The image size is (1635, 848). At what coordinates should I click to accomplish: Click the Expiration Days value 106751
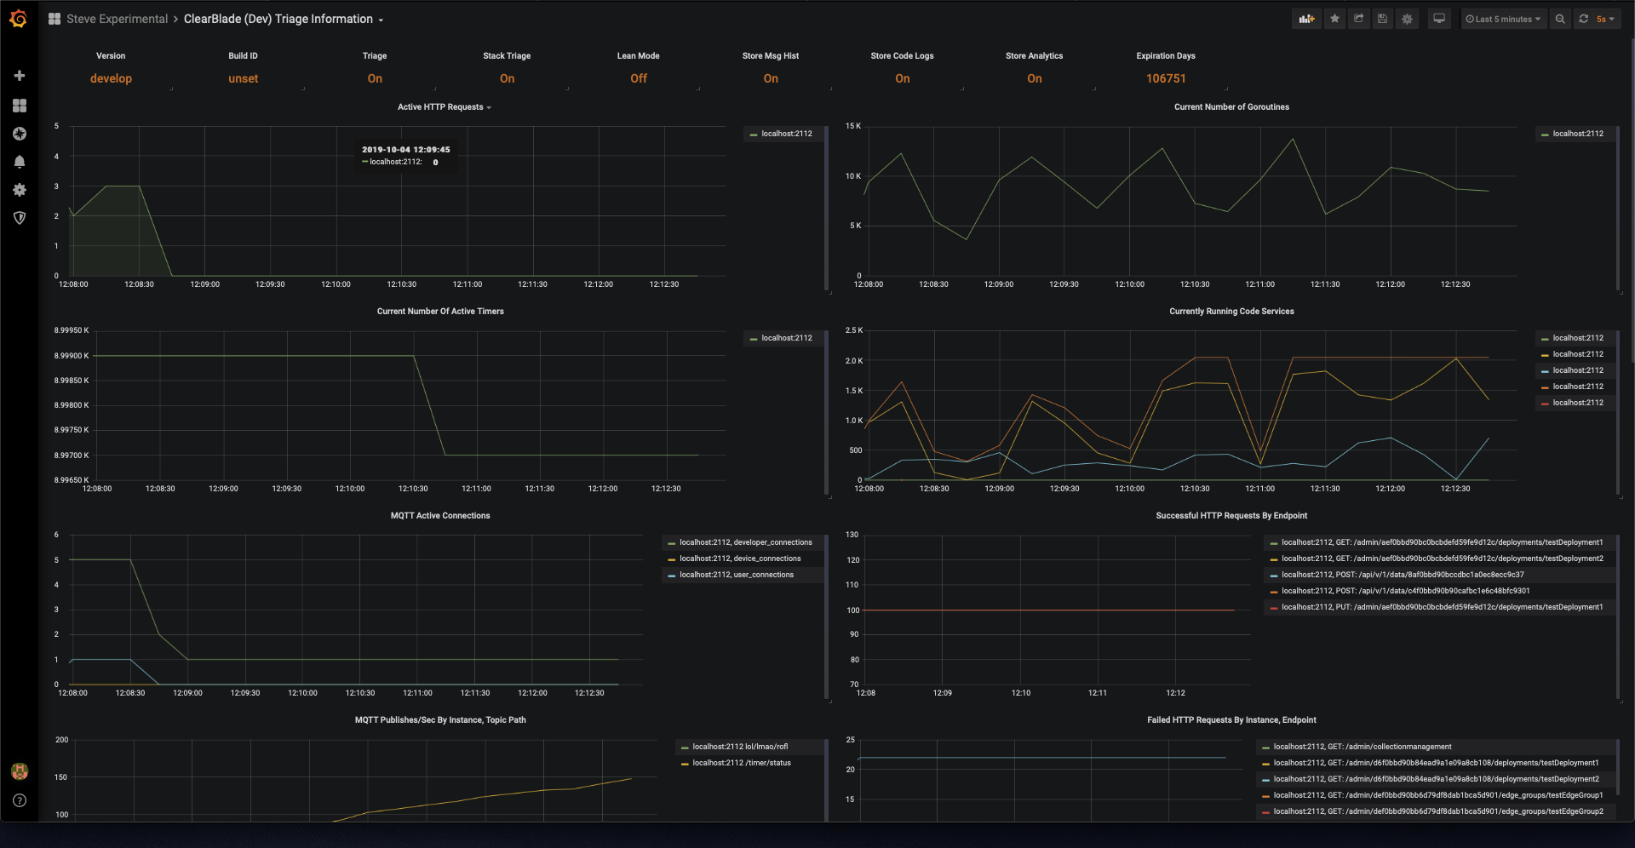[1165, 78]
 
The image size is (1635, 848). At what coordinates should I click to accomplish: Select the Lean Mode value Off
[639, 78]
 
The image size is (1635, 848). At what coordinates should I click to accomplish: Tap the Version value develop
[111, 78]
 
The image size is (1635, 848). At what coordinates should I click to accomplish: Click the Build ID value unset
[243, 78]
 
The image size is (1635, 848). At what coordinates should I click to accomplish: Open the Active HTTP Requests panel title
[441, 107]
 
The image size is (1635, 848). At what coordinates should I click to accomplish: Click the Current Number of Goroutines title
[1231, 107]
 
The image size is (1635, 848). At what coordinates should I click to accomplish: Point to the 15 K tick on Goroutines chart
[852, 126]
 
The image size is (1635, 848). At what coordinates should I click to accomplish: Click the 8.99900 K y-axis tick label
[72, 356]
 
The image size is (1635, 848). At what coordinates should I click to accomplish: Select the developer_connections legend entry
[745, 542]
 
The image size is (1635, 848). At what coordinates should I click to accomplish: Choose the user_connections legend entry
[736, 575]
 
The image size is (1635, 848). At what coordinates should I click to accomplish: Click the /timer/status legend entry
[741, 763]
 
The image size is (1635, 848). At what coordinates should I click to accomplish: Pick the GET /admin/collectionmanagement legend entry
[1362, 747]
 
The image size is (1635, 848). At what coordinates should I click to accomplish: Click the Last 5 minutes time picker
[1503, 19]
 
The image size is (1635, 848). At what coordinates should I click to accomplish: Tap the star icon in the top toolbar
[1334, 19]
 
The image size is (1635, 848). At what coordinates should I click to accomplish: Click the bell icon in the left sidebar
[20, 162]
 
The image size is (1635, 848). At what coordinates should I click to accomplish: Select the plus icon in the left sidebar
[20, 76]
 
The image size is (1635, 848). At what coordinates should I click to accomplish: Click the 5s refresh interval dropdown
[1604, 19]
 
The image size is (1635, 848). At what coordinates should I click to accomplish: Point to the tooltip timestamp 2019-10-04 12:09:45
[405, 150]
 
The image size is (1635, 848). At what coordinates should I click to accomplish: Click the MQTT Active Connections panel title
[440, 516]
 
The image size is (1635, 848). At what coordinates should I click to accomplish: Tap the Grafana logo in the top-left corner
[19, 19]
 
